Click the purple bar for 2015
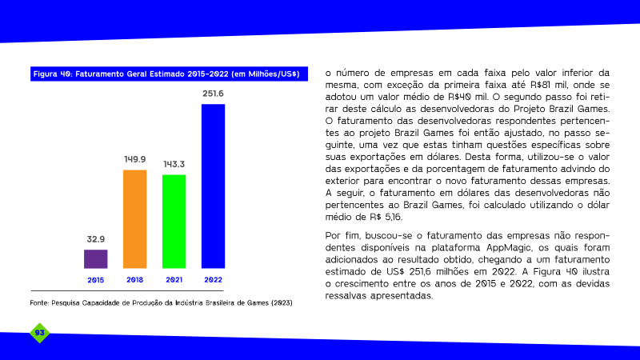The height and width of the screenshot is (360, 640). click(95, 258)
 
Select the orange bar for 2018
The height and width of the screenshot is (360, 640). click(134, 219)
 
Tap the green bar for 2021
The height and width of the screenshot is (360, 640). click(174, 222)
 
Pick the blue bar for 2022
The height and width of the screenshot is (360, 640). click(213, 186)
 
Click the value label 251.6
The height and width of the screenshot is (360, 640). click(213, 94)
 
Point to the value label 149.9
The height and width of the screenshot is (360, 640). click(134, 159)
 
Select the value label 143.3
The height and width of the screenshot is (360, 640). click(174, 164)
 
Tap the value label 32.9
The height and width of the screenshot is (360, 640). click(95, 239)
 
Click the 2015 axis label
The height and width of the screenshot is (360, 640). click(95, 280)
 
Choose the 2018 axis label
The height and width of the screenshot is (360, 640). click(134, 280)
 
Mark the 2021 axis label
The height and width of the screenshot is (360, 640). click(174, 280)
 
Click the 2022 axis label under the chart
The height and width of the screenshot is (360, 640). click(213, 280)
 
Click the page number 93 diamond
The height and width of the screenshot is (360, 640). click(39, 333)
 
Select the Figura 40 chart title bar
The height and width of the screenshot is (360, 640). click(169, 74)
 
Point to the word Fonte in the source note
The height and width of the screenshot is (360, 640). click(39, 303)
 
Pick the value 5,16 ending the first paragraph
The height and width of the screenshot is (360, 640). click(394, 217)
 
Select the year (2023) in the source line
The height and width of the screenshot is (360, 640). click(282, 303)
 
